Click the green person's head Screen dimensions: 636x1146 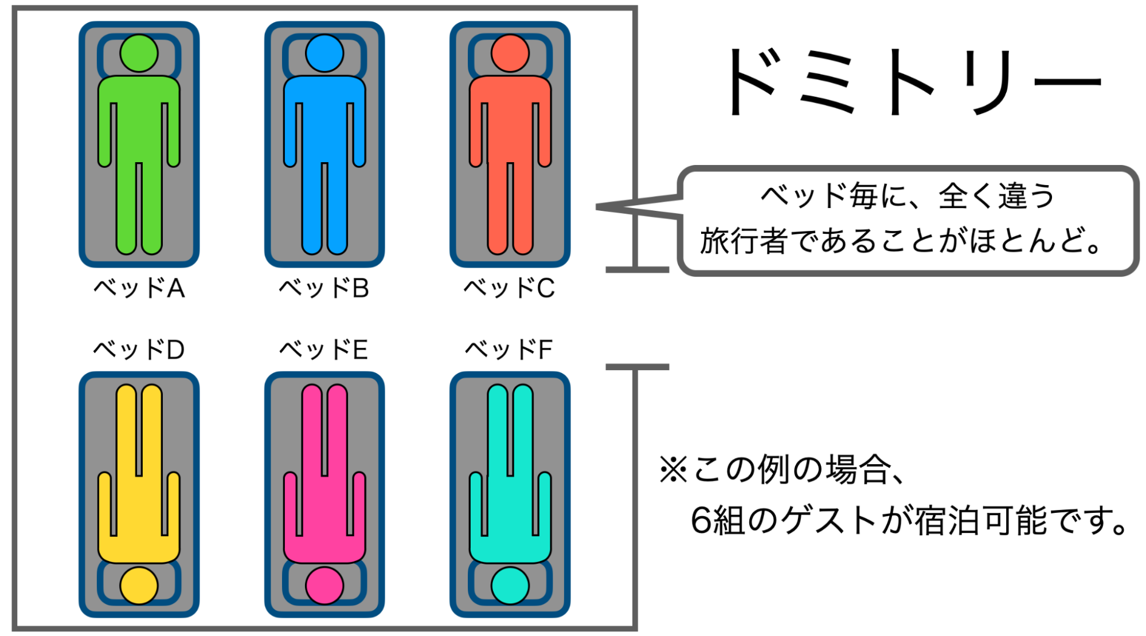pos(139,53)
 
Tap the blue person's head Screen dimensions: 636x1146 pos(324,53)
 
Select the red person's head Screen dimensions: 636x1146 pos(510,53)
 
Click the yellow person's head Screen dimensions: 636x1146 pos(139,586)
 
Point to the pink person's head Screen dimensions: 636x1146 pos(324,586)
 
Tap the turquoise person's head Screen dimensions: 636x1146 pos(510,586)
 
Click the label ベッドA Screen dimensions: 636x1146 pos(139,288)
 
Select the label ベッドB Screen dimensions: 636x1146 pos(324,288)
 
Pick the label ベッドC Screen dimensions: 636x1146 pos(509,288)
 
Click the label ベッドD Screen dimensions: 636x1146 pos(139,350)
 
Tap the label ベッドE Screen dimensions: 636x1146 pos(324,350)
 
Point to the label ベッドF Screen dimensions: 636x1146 pos(509,350)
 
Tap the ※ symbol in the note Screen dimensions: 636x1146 pos(674,470)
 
